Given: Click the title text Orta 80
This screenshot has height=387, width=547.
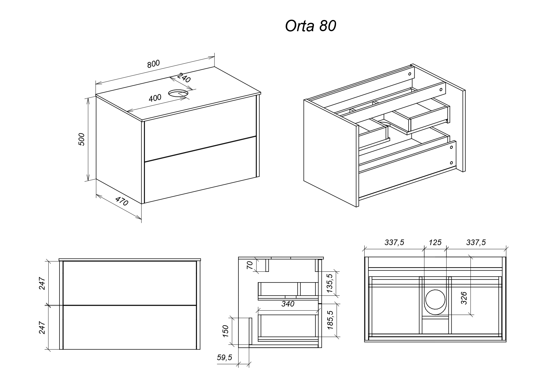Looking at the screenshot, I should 310,27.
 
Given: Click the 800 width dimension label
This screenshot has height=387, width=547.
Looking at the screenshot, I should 153,64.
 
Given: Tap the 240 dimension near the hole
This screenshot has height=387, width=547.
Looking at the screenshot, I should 184,78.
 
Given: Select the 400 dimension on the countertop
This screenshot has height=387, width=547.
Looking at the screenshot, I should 155,98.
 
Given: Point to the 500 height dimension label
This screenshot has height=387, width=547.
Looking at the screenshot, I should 81,139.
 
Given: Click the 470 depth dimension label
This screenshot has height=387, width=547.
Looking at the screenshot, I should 122,201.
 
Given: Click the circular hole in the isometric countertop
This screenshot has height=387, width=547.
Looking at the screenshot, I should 178,93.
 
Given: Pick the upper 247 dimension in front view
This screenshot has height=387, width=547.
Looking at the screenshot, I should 42,283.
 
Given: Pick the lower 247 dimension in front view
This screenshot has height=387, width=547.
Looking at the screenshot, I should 42,327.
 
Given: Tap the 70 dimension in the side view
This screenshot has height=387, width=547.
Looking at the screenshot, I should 250,265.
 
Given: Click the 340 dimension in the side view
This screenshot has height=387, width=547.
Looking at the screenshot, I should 288,304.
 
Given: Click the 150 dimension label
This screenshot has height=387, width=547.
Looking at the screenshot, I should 226,331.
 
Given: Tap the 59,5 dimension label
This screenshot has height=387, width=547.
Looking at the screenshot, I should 224,358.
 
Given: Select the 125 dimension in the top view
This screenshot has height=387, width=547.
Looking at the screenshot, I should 435,242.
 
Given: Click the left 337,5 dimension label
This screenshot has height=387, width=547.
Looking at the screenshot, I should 394,242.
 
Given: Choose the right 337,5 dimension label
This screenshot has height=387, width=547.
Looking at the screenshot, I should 476,242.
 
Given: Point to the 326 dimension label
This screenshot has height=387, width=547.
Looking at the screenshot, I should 464,298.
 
